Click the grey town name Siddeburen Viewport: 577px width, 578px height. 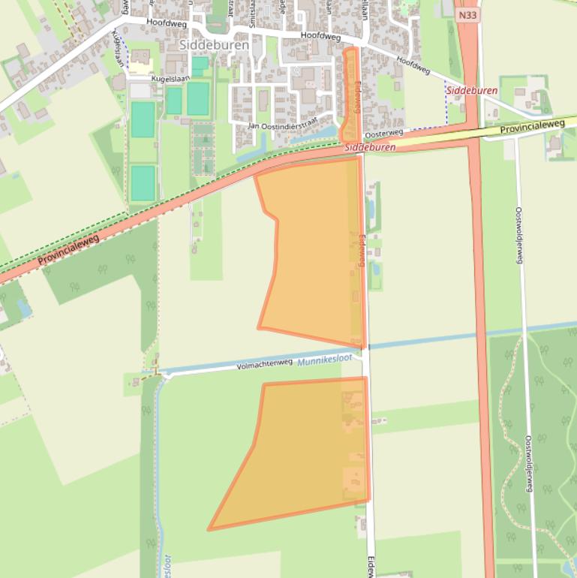click(x=204, y=45)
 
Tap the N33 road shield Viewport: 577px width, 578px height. click(x=467, y=15)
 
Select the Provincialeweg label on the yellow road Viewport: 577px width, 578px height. click(x=532, y=128)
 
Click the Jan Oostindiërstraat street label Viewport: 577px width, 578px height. click(x=284, y=124)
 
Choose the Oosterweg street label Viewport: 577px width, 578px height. click(x=383, y=134)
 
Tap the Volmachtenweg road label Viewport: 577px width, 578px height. click(x=264, y=364)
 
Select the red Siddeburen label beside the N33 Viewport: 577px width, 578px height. click(x=471, y=91)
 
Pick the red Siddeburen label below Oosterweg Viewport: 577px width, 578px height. click(x=371, y=148)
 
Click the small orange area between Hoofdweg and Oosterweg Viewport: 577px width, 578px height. click(x=350, y=94)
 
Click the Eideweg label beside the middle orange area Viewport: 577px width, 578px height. click(x=361, y=249)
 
